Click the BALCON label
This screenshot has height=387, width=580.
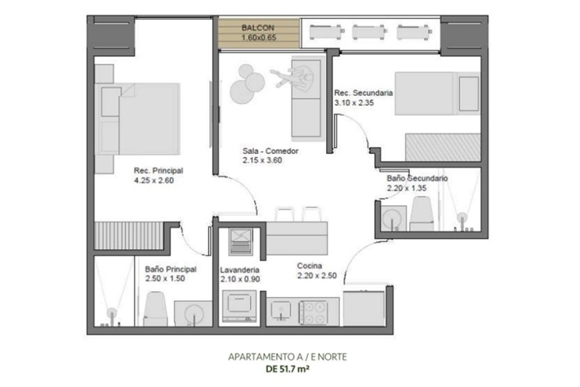click(258, 28)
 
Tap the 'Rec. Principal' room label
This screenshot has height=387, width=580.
click(158, 171)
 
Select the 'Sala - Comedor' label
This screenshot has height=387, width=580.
click(270, 151)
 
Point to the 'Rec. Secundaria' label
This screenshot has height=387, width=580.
click(364, 92)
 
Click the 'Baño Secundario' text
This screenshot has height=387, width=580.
click(417, 178)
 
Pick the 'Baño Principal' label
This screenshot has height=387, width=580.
click(171, 269)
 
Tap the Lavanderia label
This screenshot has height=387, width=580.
click(239, 270)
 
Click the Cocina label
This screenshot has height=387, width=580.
click(310, 266)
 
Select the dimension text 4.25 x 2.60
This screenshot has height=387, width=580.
click(154, 180)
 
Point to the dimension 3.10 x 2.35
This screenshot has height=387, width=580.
click(354, 102)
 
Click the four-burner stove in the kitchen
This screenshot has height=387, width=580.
click(314, 312)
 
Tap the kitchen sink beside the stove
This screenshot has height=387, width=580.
click(281, 310)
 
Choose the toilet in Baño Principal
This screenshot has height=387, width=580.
click(154, 308)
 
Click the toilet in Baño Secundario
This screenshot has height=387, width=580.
click(422, 214)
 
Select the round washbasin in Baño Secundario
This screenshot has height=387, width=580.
click(392, 218)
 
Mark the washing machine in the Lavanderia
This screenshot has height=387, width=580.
click(239, 306)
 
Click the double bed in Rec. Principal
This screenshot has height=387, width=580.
click(137, 119)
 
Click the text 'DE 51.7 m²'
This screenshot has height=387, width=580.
click(288, 369)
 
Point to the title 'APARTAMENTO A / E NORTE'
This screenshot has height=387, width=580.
click(288, 357)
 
